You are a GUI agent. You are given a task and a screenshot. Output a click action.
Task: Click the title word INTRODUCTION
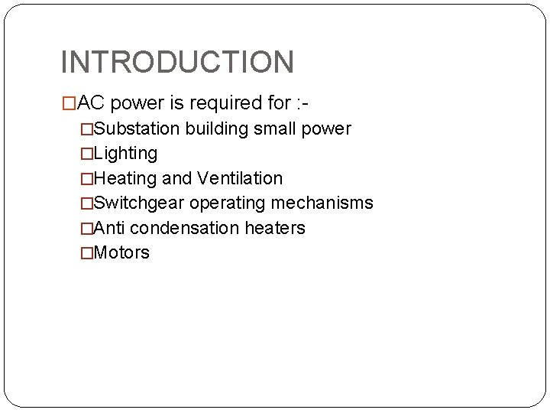(176, 62)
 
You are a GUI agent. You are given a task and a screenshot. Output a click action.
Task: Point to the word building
(212, 129)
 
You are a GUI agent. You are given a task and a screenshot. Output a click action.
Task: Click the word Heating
(125, 179)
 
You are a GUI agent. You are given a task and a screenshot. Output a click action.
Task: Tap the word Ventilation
(240, 179)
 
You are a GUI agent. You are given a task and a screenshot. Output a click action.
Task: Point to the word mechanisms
(325, 203)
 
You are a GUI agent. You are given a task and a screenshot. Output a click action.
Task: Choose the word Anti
(109, 228)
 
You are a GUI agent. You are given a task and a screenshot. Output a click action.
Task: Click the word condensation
(185, 228)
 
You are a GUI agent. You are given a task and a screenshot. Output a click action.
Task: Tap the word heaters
(275, 228)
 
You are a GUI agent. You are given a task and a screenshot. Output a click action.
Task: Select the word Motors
(121, 253)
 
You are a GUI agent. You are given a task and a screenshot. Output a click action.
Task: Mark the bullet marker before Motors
(87, 253)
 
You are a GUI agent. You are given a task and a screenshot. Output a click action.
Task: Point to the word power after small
(327, 129)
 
